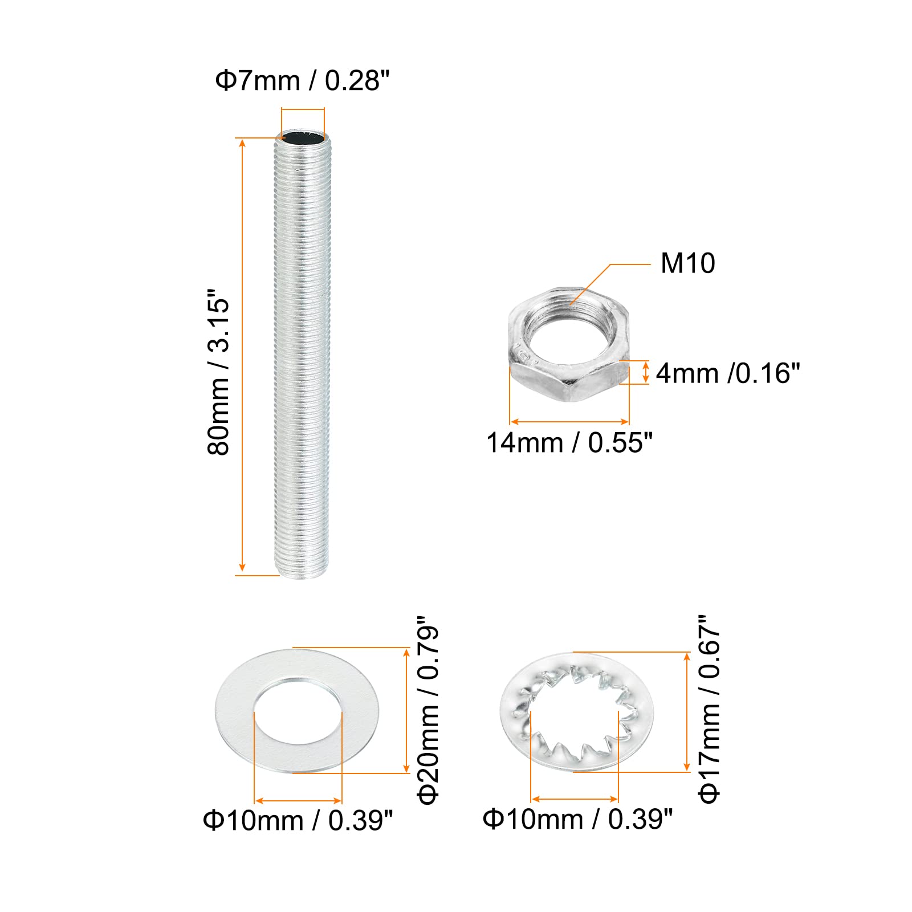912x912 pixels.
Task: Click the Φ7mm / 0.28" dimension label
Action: [302, 81]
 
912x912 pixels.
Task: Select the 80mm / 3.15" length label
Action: [218, 371]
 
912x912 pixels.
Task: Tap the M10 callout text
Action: [687, 263]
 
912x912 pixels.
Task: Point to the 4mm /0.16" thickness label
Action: [728, 373]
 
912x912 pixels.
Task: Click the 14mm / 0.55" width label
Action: [569, 443]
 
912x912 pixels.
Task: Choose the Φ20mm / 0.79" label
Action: [429, 710]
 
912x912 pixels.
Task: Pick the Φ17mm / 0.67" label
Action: [710, 709]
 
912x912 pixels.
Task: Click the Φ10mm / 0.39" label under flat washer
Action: [298, 821]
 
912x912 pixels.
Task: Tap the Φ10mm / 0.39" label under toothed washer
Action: [578, 819]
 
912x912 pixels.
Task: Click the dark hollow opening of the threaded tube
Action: [303, 139]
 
